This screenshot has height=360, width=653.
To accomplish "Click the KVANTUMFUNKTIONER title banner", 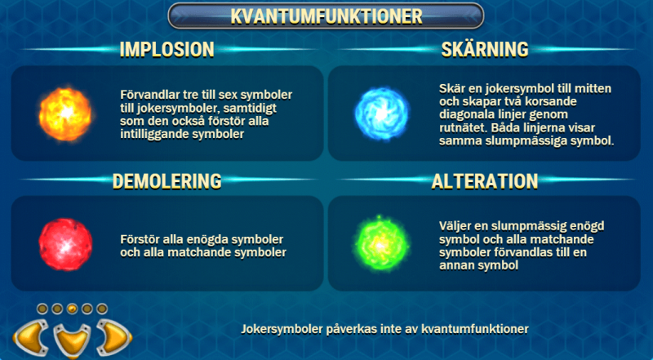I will pos(326,16).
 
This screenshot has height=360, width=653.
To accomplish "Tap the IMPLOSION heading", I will pos(167,49).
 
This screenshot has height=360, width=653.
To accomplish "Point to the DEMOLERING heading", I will pos(167,180).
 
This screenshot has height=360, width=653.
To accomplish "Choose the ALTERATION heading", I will pos(484,180).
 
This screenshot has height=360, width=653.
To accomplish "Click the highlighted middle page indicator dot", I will pos(71,309).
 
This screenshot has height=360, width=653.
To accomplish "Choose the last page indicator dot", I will pos(102,309).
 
